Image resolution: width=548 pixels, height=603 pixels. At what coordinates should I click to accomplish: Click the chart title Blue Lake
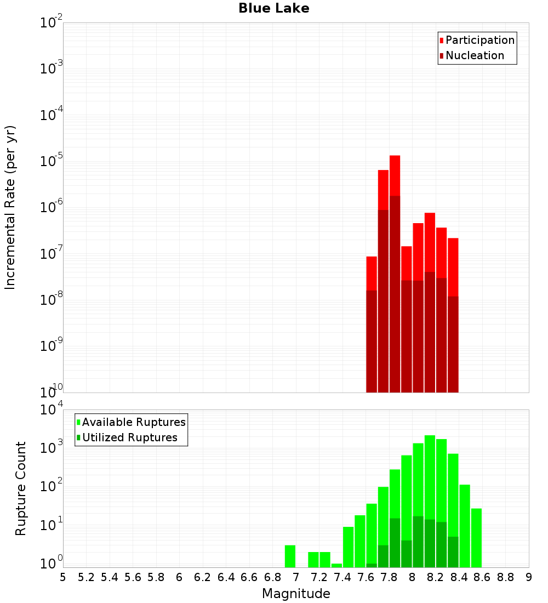coord(273,8)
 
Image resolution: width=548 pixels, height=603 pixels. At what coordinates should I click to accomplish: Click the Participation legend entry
coord(480,40)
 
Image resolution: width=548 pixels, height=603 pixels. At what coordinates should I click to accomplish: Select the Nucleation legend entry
coord(474,55)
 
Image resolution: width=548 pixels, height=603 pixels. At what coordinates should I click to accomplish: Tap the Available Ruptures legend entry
coord(133,422)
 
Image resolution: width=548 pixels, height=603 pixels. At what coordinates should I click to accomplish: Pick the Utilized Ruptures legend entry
coord(129,437)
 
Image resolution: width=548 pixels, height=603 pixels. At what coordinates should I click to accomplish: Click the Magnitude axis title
coord(296,594)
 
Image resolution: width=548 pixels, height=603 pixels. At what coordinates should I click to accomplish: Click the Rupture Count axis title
coord(21,488)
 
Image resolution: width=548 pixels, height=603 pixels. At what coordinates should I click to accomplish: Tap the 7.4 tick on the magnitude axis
coord(342,577)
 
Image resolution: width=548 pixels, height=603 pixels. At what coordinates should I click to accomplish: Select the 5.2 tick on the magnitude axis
coord(87,577)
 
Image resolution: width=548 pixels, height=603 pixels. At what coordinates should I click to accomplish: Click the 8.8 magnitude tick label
coord(505,577)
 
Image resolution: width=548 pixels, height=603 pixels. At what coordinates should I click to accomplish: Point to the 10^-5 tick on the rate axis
coord(52,161)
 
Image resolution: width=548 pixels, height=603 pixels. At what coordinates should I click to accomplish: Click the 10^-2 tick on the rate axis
coord(52,23)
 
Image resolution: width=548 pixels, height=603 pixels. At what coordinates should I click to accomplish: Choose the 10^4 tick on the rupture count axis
coord(52,410)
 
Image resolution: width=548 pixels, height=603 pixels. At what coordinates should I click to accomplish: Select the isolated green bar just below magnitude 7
coord(290,556)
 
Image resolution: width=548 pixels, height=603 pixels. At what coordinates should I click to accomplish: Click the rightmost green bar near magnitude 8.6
coord(476,538)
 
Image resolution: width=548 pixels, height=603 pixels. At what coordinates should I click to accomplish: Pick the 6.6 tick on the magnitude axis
coord(249,577)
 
